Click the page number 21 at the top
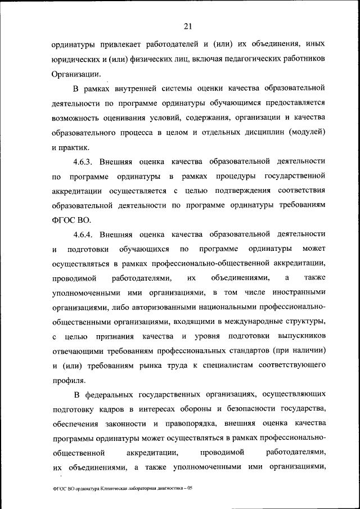point(188,25)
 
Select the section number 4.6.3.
point(87,161)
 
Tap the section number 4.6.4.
point(87,234)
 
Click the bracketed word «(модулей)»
point(307,132)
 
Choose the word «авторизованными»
point(159,308)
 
